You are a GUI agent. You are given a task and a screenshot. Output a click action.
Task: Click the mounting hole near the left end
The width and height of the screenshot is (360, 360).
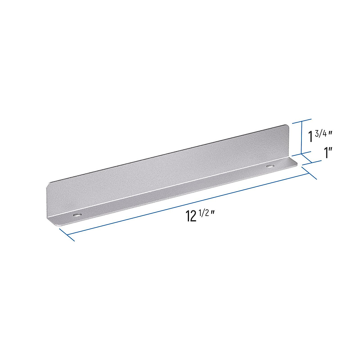pyautogui.click(x=78, y=215)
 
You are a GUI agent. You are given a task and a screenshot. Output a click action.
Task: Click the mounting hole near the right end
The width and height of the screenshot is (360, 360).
pyautogui.click(x=271, y=166)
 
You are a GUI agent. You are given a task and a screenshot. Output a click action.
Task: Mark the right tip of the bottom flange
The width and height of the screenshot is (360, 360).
pyautogui.click(x=297, y=164)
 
